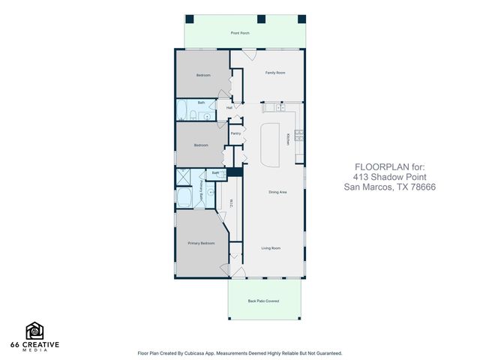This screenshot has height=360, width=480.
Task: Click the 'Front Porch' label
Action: click(x=240, y=33)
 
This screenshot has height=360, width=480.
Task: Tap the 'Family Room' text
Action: click(x=275, y=73)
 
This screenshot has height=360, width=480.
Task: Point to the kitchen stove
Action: click(x=299, y=136)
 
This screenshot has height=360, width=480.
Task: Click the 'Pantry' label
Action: click(x=235, y=133)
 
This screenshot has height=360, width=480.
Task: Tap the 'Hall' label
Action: click(x=229, y=107)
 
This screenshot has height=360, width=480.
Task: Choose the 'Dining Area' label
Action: click(x=278, y=192)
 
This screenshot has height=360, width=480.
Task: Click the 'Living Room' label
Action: click(x=271, y=247)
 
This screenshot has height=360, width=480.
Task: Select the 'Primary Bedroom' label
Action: click(x=201, y=243)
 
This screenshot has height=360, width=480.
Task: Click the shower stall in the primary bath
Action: click(x=182, y=177)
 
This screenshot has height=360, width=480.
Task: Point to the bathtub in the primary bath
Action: click(x=184, y=198)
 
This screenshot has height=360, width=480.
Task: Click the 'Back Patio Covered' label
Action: click(x=263, y=301)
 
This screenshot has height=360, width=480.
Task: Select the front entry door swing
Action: click(x=250, y=55)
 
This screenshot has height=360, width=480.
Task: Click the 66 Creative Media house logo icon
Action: click(x=35, y=330)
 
